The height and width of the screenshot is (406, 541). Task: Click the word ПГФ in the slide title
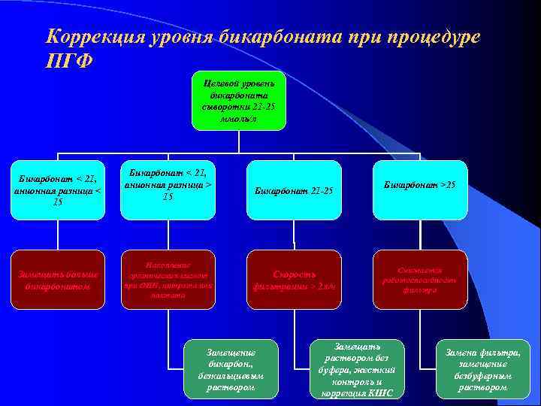click(69, 61)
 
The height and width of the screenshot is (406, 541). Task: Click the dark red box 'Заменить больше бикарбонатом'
click(58, 279)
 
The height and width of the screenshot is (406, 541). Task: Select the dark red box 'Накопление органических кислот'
click(168, 279)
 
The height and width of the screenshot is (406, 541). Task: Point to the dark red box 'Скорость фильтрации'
click(294, 279)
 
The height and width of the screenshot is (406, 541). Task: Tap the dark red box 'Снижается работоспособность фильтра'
click(420, 279)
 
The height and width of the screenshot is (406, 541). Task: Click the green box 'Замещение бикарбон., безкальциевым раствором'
click(231, 369)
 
